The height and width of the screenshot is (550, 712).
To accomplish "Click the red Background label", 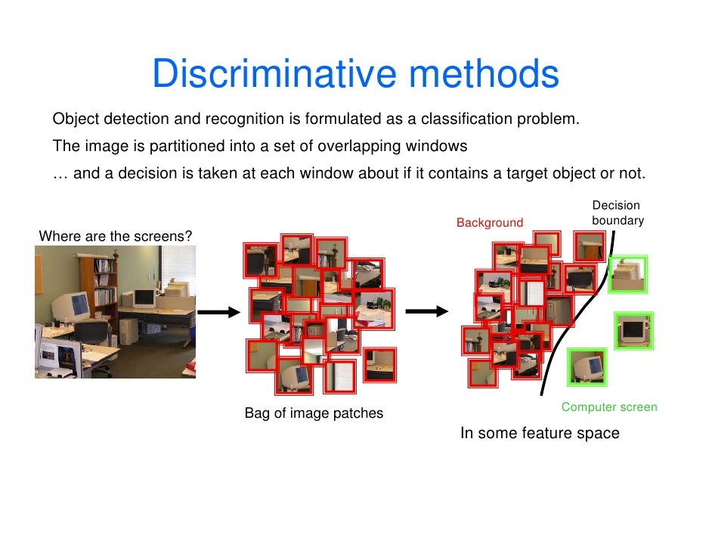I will (x=489, y=223).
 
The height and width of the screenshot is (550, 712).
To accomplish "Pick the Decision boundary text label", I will (x=617, y=213).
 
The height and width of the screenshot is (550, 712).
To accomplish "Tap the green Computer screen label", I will (x=608, y=407).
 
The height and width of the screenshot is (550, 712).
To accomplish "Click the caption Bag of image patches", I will (x=314, y=413).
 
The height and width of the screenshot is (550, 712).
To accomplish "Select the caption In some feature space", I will (x=540, y=434).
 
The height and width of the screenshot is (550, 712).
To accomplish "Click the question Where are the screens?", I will (x=115, y=236).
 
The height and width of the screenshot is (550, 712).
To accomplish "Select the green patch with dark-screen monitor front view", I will (x=633, y=330).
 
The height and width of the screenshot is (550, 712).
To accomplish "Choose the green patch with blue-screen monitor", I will (x=587, y=368).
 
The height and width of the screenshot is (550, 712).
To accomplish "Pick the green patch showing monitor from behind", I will (x=627, y=275).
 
